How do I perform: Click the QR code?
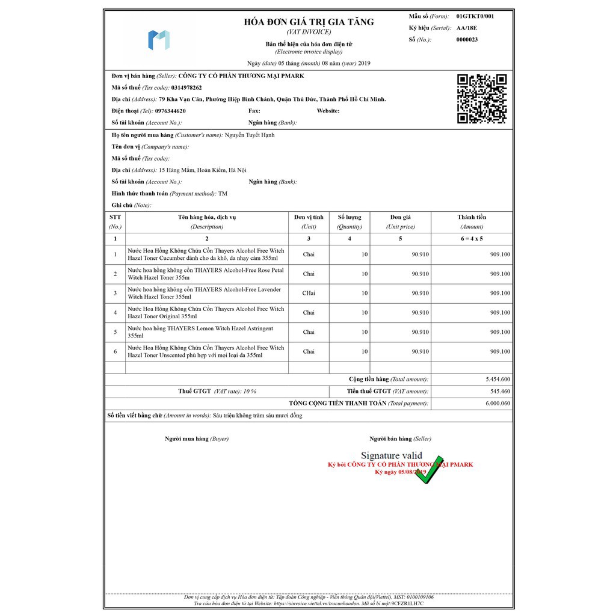[482, 99]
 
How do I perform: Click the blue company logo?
[159, 40]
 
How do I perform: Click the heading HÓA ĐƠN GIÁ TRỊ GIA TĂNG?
[309, 22]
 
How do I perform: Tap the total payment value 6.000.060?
[497, 404]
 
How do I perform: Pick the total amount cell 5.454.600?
[497, 380]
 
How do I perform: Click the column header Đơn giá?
[400, 217]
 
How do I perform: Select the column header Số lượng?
[350, 217]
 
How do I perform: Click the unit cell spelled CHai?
[309, 294]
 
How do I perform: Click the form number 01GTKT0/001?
[475, 16]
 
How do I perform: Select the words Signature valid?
[392, 456]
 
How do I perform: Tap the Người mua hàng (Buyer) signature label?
[197, 439]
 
